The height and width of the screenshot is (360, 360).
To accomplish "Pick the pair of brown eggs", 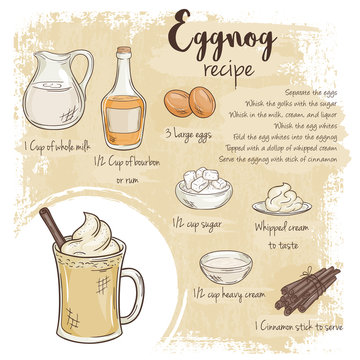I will [191, 102].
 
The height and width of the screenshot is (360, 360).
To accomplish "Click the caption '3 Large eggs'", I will [190, 134].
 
